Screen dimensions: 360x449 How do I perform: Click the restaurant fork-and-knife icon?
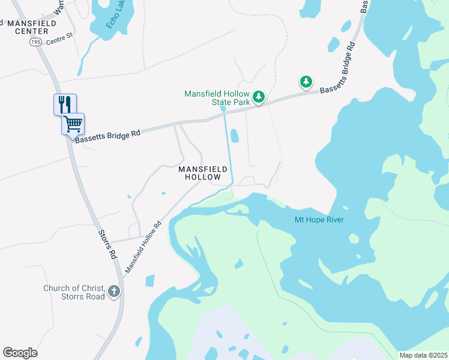tap(65, 104)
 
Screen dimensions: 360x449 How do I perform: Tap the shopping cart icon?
tap(73, 124)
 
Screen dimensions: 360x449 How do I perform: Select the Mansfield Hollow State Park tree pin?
tap(259, 96)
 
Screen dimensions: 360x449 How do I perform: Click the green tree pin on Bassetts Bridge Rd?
tap(306, 81)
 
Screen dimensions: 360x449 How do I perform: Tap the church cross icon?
tap(114, 292)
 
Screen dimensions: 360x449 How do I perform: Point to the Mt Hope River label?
tap(319, 220)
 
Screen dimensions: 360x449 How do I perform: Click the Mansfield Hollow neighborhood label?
tap(203, 173)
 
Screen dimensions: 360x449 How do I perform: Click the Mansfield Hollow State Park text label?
tap(217, 98)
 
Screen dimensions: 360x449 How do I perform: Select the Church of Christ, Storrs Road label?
tap(74, 292)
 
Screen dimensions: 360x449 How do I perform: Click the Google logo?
tap(20, 353)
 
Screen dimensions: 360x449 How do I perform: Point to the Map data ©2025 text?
tap(423, 355)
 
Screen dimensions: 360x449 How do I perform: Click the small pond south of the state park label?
tap(235, 137)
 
